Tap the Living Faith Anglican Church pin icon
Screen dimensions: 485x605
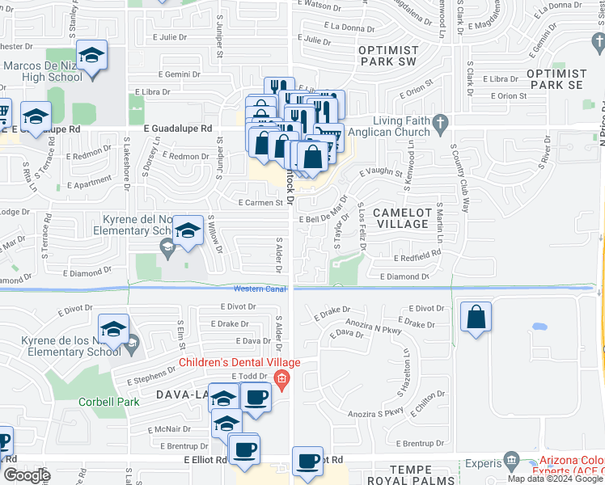[x=440, y=124]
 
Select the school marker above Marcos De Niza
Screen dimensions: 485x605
[x=92, y=56]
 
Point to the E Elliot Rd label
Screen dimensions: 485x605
[x=198, y=459]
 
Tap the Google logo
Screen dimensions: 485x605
[x=27, y=475]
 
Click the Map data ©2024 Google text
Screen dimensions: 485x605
[x=555, y=479]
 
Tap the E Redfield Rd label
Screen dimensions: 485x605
[x=417, y=258]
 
